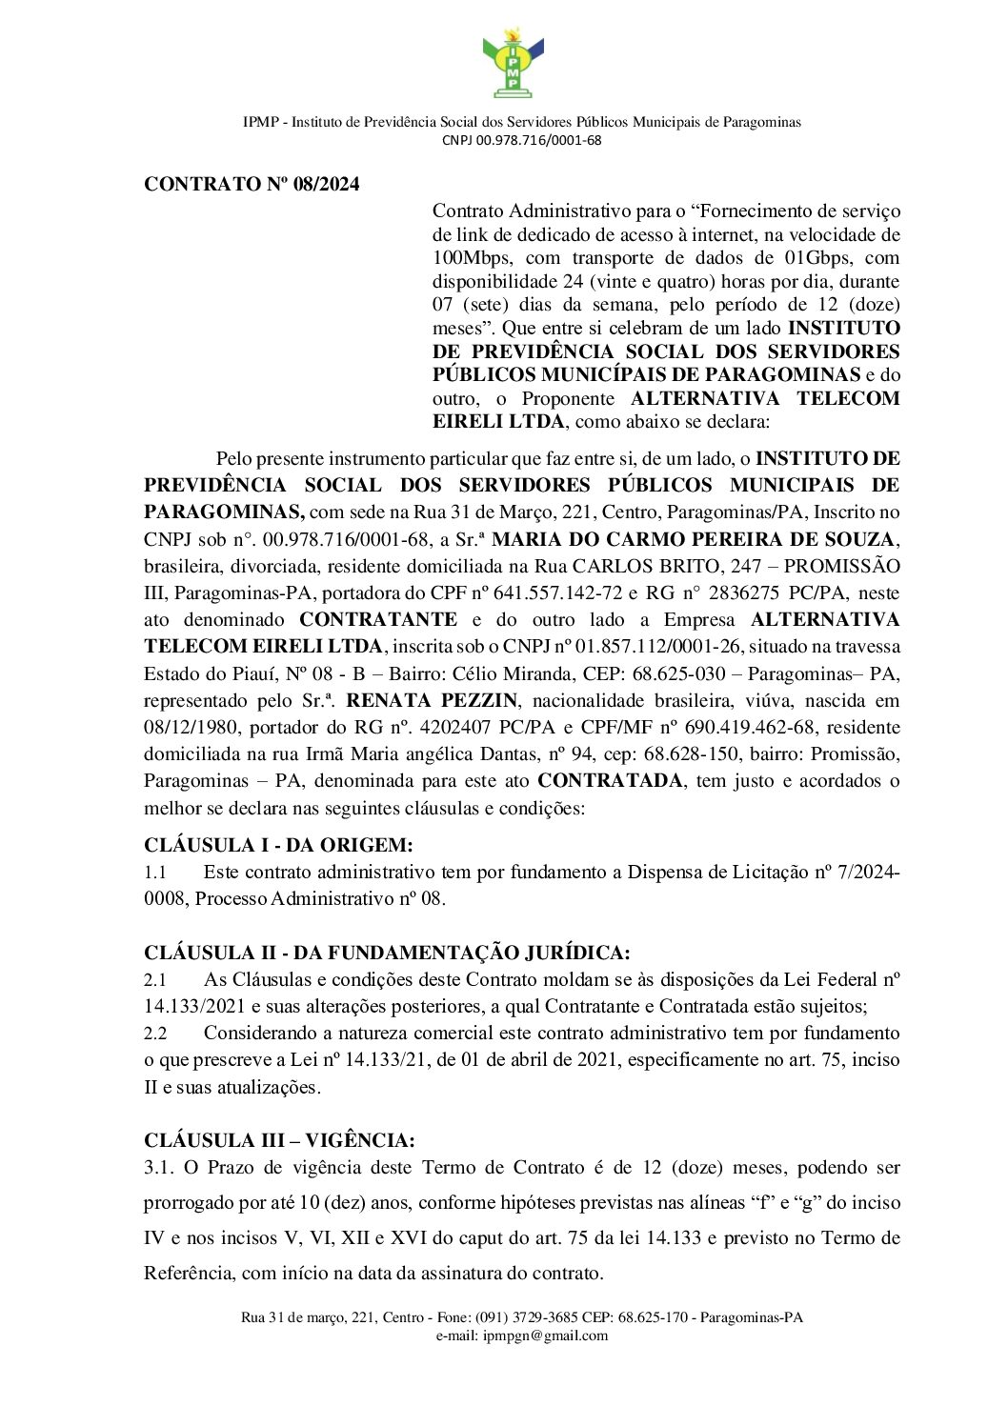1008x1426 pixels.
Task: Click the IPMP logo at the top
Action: click(x=513, y=64)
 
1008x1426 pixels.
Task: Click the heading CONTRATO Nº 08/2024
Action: click(x=252, y=184)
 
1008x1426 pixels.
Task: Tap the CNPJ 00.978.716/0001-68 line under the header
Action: click(x=521, y=140)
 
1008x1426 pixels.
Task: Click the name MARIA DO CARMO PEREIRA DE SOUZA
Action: click(x=693, y=539)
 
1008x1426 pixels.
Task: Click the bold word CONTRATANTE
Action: click(x=377, y=619)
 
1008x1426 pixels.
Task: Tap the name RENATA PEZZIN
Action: click(x=432, y=700)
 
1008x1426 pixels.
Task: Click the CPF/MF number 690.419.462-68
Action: click(x=750, y=727)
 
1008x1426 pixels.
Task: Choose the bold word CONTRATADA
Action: click(x=610, y=780)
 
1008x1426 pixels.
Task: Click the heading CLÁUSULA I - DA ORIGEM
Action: click(x=278, y=845)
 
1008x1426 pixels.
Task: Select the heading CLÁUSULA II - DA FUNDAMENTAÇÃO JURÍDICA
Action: click(x=387, y=953)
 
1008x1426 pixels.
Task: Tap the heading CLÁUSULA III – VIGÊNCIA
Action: click(x=279, y=1140)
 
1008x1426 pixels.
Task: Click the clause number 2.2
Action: click(x=155, y=1033)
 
